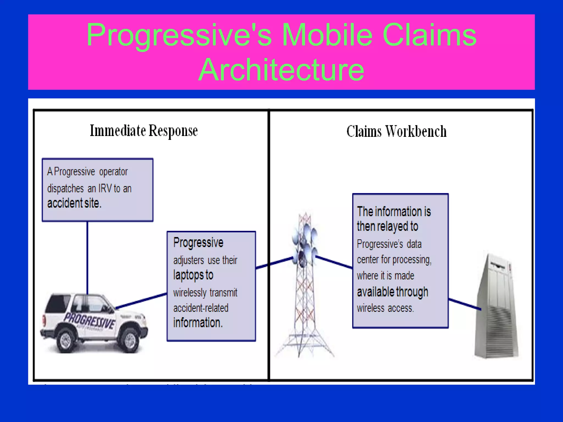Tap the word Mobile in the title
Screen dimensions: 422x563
tap(327, 35)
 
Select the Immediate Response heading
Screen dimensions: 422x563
tap(144, 131)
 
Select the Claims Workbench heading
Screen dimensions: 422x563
tap(396, 131)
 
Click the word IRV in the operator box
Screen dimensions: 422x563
tap(105, 189)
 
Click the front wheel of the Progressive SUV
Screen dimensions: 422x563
tap(130, 341)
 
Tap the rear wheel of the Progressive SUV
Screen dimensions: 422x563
tap(65, 341)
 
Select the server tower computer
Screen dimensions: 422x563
tap(496, 308)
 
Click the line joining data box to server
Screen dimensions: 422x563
tap(465, 304)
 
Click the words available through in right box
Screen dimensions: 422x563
tap(392, 292)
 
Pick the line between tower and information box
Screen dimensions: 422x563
tap(334, 262)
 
